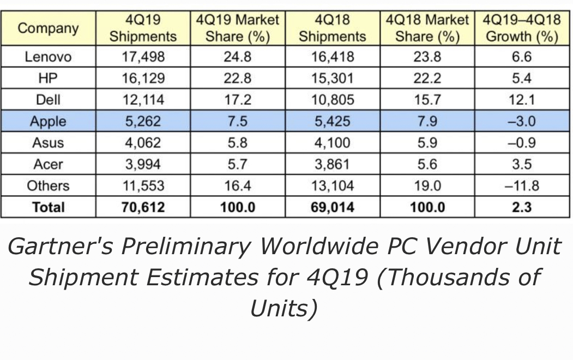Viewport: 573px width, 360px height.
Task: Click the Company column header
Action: click(x=48, y=28)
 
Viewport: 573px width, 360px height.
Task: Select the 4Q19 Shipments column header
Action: click(x=143, y=28)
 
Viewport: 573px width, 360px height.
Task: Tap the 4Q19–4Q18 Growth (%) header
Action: click(x=522, y=28)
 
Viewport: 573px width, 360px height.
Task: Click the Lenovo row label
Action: click(x=48, y=57)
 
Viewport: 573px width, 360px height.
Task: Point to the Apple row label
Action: click(x=48, y=121)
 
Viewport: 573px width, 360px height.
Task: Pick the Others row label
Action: click(x=48, y=185)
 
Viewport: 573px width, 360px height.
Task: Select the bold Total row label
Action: click(x=48, y=207)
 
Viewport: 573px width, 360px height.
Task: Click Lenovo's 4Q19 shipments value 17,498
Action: click(x=143, y=57)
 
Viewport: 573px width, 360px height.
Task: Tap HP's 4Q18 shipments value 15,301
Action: click(x=333, y=78)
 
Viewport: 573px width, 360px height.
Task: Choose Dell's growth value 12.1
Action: click(x=522, y=100)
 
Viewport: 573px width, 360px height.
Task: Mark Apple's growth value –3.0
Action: click(x=522, y=121)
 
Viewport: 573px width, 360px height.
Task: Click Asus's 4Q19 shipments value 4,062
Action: click(x=143, y=143)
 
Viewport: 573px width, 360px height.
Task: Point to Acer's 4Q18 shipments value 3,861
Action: click(x=333, y=164)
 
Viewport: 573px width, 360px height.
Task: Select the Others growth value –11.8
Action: click(x=522, y=185)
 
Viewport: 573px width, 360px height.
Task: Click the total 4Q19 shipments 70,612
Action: click(x=143, y=207)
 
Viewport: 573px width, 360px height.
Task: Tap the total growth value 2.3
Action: click(x=522, y=207)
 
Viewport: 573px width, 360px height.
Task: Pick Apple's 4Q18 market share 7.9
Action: click(x=427, y=121)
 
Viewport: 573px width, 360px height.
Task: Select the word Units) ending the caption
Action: click(x=284, y=308)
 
